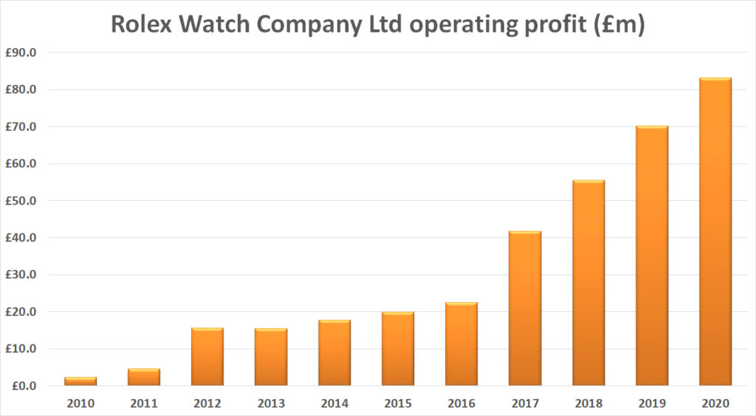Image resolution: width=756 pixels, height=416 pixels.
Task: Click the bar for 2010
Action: click(x=80, y=381)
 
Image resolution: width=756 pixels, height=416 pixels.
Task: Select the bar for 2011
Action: click(x=143, y=377)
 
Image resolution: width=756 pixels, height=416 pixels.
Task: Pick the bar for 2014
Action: click(x=334, y=353)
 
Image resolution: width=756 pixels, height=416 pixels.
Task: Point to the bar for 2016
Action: click(x=461, y=344)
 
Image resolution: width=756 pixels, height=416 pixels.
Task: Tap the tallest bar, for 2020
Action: click(x=715, y=232)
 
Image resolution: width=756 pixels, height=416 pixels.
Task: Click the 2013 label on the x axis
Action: click(x=271, y=403)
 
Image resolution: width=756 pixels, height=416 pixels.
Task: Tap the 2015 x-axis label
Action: click(x=398, y=403)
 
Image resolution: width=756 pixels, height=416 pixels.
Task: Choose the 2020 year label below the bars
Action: click(x=715, y=403)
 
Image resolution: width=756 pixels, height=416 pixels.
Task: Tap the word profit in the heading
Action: click(x=548, y=24)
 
